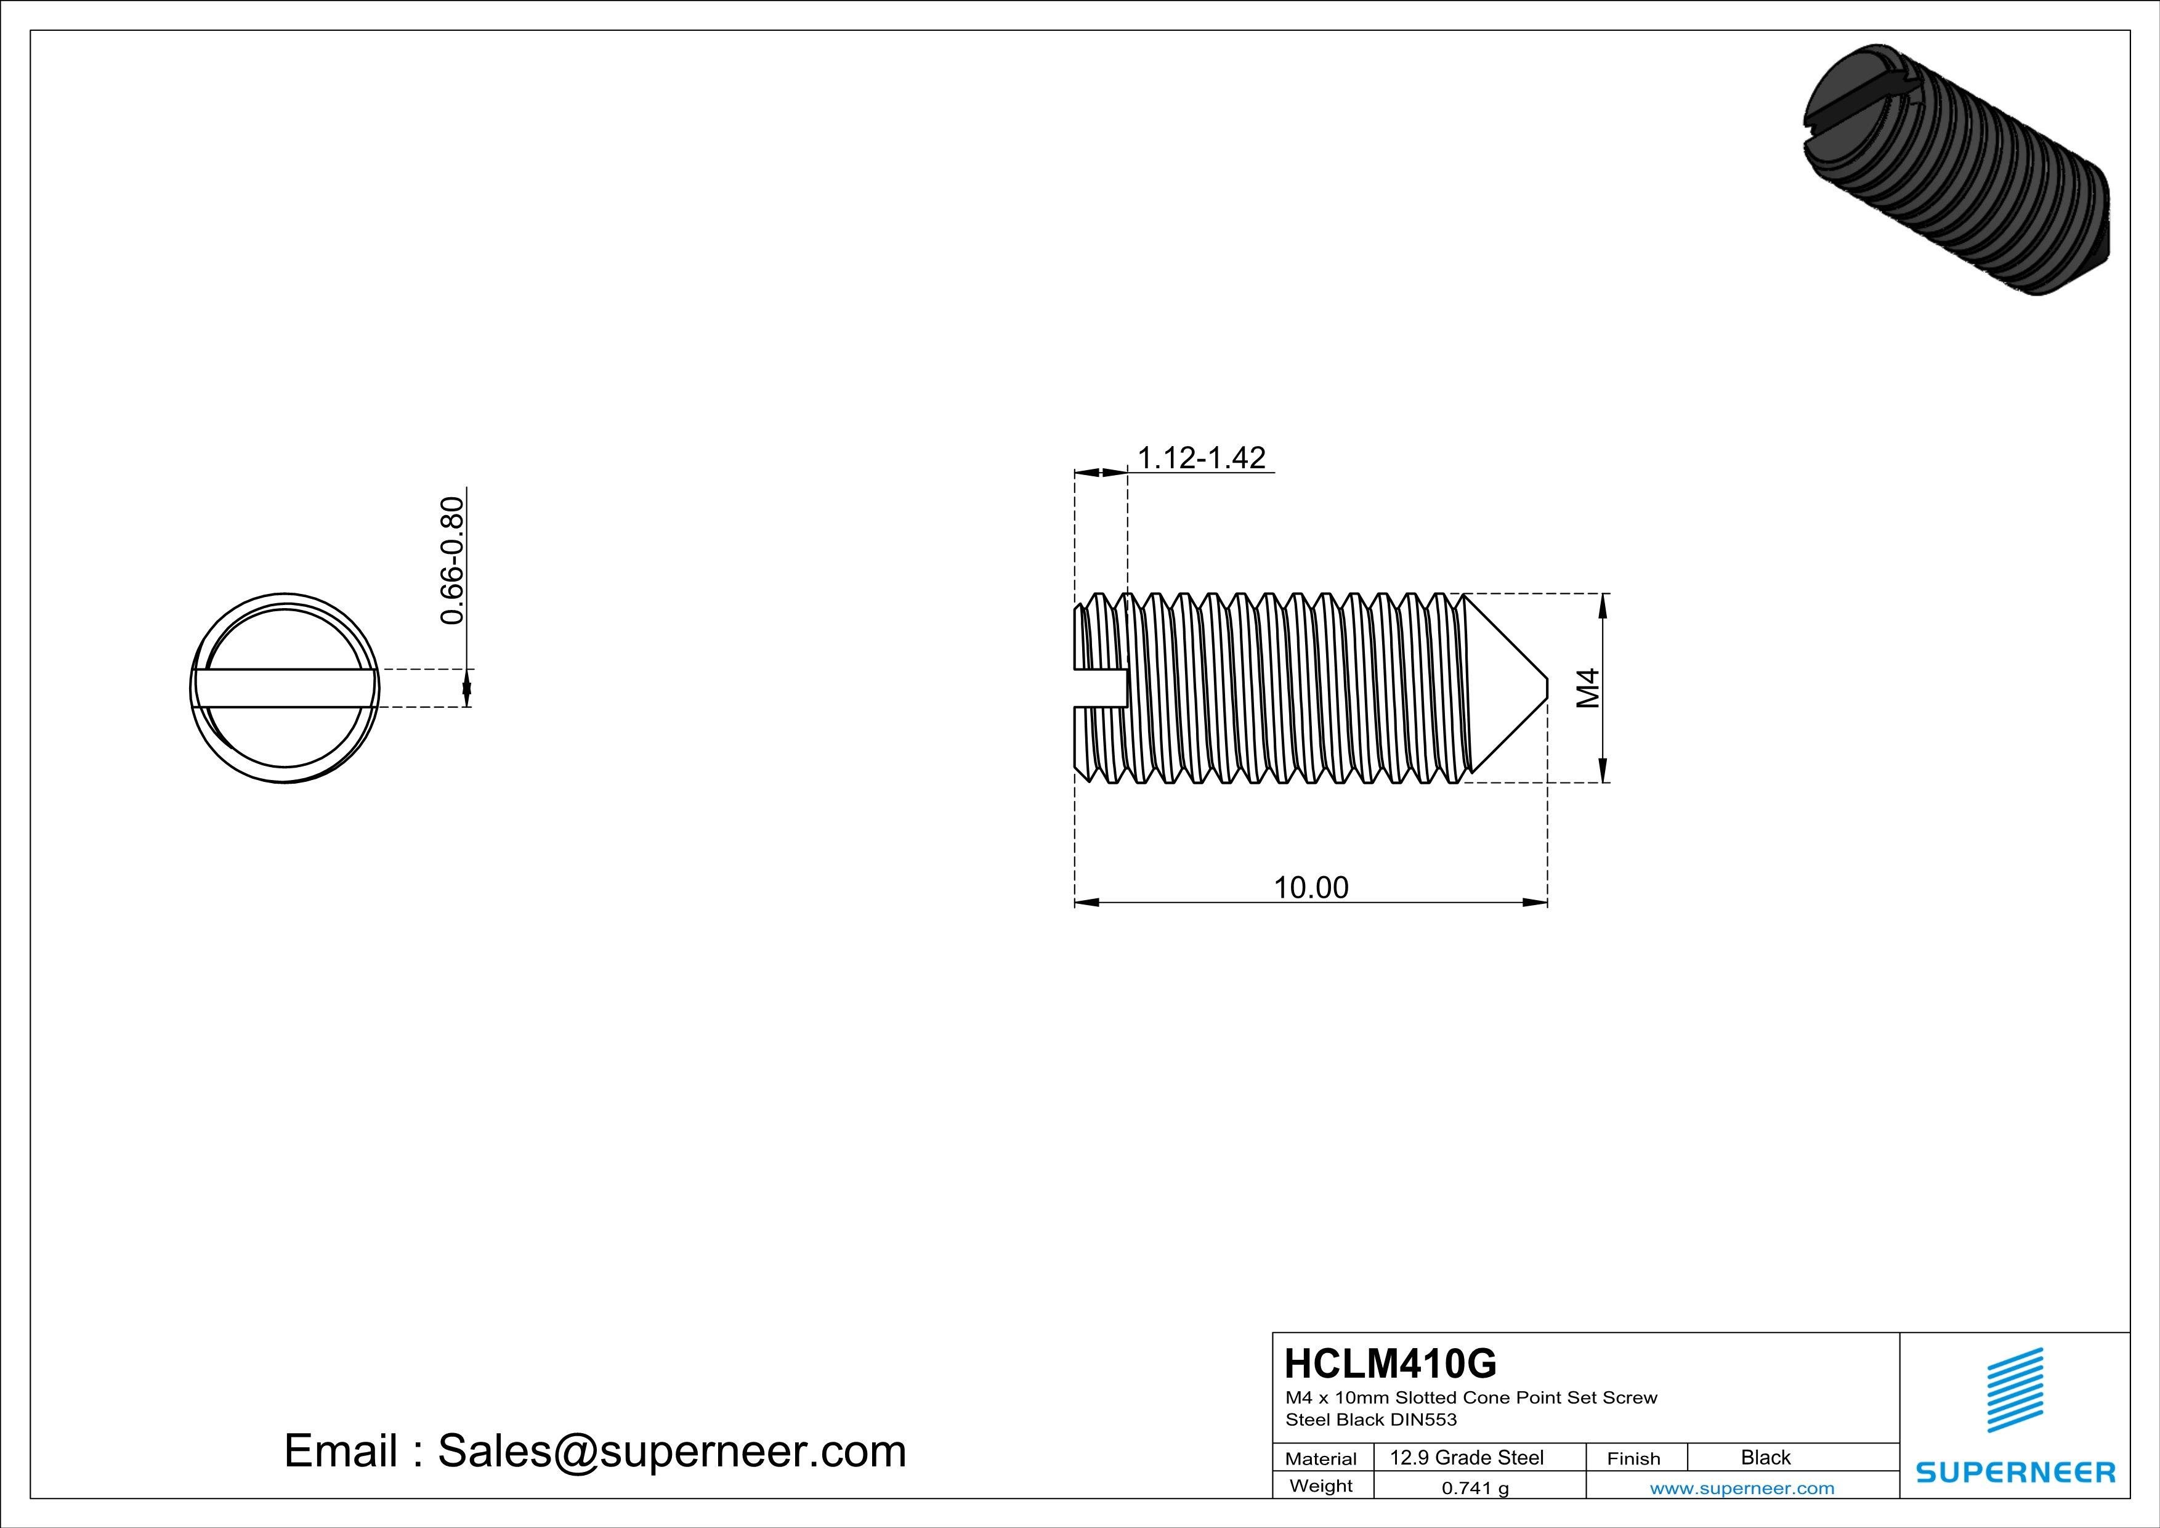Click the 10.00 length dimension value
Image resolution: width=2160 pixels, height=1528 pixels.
(x=1311, y=887)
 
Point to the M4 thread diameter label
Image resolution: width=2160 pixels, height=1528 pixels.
(x=1588, y=688)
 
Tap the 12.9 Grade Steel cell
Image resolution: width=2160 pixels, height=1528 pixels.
(x=1466, y=1457)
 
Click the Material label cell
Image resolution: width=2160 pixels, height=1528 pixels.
(x=1321, y=1458)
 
